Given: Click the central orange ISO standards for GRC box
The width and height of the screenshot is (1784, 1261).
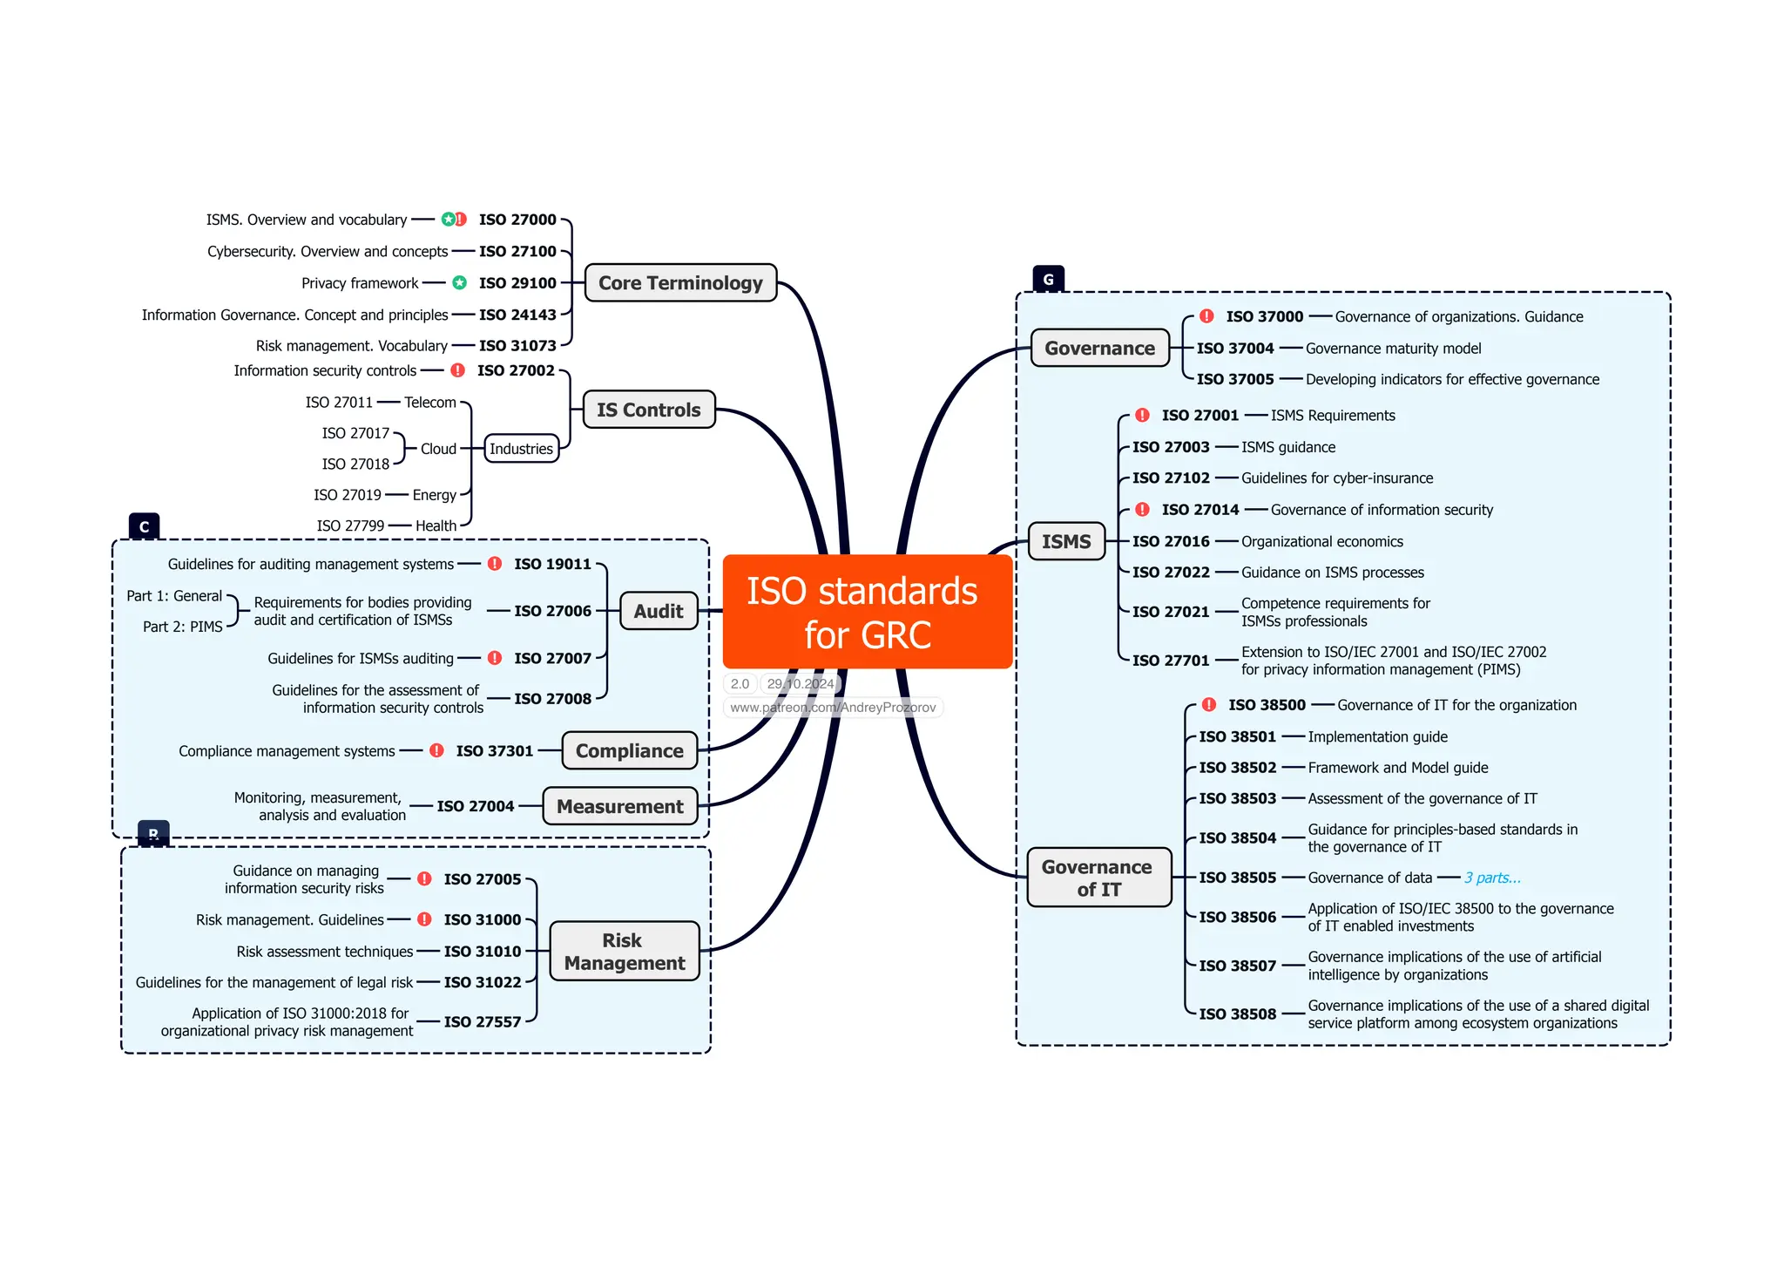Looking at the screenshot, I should (x=867, y=612).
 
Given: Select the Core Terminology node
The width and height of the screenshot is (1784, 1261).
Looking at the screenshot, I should (x=680, y=283).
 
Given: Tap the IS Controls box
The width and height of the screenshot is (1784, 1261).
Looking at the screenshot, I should (x=648, y=410).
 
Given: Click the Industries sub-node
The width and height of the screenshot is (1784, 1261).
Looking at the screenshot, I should (x=521, y=449).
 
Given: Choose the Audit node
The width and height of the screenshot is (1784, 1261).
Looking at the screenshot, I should (x=659, y=611).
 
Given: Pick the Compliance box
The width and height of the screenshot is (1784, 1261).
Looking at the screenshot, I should (x=629, y=750).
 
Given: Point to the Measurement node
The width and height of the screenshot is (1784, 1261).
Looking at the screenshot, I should (x=619, y=806).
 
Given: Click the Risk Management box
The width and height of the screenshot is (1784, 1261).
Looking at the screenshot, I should (x=624, y=952).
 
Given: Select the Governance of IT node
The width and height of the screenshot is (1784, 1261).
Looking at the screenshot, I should (x=1098, y=878).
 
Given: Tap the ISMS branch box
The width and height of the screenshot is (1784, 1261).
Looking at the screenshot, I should (x=1066, y=541).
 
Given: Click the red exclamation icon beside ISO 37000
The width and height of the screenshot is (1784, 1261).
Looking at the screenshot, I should (x=1206, y=316).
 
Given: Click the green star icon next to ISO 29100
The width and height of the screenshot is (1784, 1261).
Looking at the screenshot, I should (x=459, y=282).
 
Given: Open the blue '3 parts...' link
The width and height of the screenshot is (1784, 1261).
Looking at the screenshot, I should (x=1492, y=878).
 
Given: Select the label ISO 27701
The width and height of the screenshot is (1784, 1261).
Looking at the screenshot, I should (x=1171, y=661).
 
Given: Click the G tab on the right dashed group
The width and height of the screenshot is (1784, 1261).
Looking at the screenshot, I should (x=1048, y=279).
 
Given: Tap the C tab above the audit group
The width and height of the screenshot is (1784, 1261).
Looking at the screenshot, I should (x=144, y=526).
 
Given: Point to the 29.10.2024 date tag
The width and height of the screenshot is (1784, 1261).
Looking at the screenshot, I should (x=800, y=684).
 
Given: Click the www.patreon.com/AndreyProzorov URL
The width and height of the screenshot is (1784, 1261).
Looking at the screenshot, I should (x=833, y=708).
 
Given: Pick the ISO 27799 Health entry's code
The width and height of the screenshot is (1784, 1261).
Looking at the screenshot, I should (x=350, y=525).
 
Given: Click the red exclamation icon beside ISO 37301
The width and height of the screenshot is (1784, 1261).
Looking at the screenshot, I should (x=436, y=750).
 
